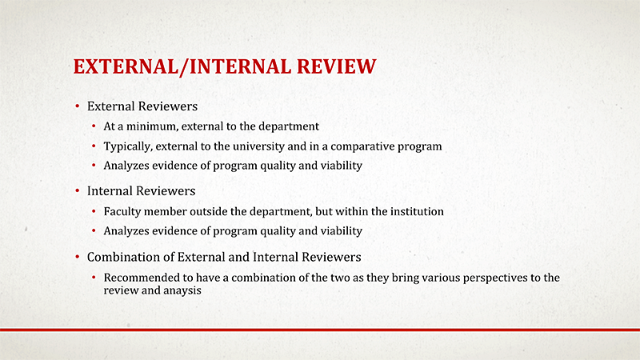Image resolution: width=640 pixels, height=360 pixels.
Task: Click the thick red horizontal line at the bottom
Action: (x=320, y=329)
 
